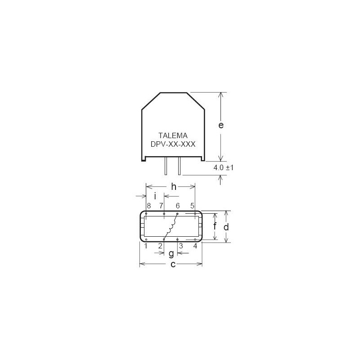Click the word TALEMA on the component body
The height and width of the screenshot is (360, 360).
[x=173, y=135]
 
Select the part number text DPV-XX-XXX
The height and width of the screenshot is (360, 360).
[x=173, y=144]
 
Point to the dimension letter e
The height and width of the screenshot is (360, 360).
[x=221, y=126]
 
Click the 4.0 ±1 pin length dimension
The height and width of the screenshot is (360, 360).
[x=223, y=167]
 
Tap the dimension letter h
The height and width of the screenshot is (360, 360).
[x=174, y=187]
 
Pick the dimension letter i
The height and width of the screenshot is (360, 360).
[x=155, y=196]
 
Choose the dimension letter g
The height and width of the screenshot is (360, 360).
[x=171, y=254]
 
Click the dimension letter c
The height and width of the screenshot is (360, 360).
[x=173, y=265]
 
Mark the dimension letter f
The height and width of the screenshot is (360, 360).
[x=215, y=226]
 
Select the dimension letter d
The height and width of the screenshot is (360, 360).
[x=226, y=227]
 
